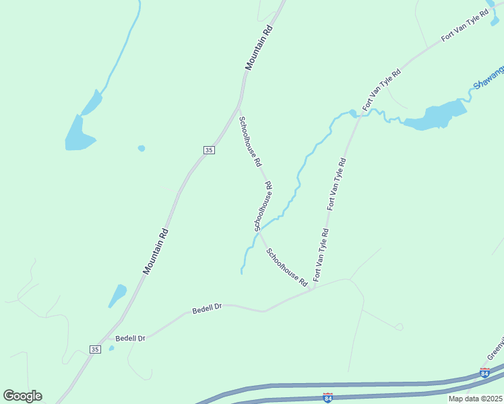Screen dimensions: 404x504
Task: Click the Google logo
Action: pos(22,396)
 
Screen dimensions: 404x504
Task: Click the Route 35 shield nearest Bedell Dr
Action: pos(95,349)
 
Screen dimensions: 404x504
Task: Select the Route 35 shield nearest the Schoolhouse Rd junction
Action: pos(209,149)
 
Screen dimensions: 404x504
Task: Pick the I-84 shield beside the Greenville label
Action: pos(484,372)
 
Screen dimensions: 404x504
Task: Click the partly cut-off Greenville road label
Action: pos(495,347)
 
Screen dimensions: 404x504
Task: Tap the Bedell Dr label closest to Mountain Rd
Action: pos(131,338)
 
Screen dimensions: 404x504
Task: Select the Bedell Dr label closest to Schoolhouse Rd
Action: pos(207,308)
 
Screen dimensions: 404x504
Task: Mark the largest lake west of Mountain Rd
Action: pos(79,135)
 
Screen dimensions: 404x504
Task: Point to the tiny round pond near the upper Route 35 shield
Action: pos(141,148)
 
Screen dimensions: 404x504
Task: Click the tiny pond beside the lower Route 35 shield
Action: pos(111,348)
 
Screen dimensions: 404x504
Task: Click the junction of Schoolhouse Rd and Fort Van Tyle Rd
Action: pos(313,290)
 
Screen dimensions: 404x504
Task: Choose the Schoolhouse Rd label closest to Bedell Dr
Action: pos(286,266)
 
